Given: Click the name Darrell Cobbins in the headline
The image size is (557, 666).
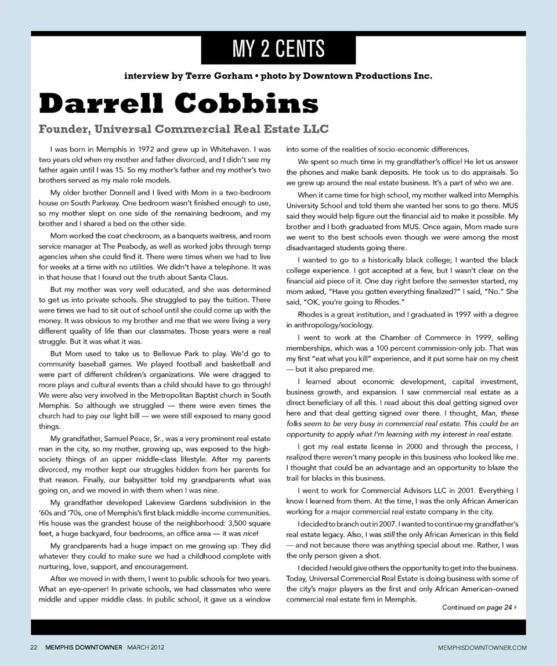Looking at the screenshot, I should [x=179, y=105].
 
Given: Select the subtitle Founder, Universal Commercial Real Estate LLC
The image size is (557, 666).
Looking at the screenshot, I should [x=183, y=128].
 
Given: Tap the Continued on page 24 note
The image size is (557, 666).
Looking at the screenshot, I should [x=477, y=607].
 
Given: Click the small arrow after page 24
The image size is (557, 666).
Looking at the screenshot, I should [x=516, y=607].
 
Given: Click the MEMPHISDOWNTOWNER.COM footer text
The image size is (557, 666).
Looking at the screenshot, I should [x=483, y=647].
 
